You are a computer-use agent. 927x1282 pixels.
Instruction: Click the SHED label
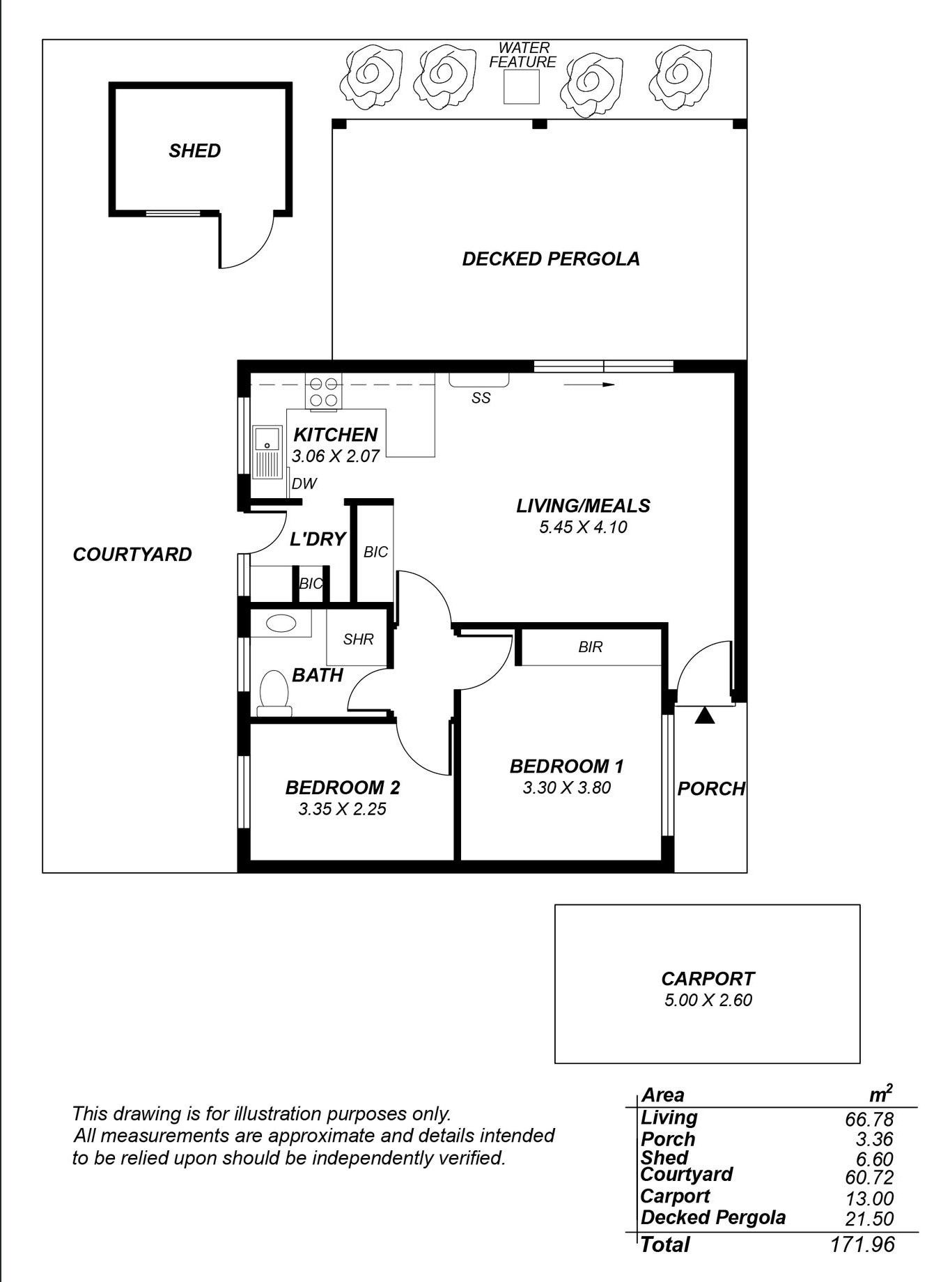[194, 150]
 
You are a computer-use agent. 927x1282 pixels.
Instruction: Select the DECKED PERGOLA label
[551, 259]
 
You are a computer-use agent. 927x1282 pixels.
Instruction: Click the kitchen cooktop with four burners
[324, 392]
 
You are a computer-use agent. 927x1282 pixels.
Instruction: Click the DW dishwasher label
[304, 484]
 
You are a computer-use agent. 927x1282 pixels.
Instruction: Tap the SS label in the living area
[481, 398]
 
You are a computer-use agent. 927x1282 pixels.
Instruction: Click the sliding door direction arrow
[589, 385]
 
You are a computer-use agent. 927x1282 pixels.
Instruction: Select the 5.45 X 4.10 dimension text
[583, 527]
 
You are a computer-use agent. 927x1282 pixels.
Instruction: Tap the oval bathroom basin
[281, 622]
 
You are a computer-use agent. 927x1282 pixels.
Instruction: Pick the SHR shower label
[359, 639]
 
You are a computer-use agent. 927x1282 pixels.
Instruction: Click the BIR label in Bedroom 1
[590, 647]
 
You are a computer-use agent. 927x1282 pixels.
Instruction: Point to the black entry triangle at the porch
[705, 716]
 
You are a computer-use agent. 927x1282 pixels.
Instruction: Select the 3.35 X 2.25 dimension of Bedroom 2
[342, 809]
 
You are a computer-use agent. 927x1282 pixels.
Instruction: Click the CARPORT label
[708, 979]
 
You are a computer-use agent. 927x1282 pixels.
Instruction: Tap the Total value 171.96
[862, 1244]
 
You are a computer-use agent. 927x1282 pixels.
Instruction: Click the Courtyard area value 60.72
[868, 1177]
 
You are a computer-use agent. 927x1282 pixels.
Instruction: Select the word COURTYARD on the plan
[132, 555]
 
